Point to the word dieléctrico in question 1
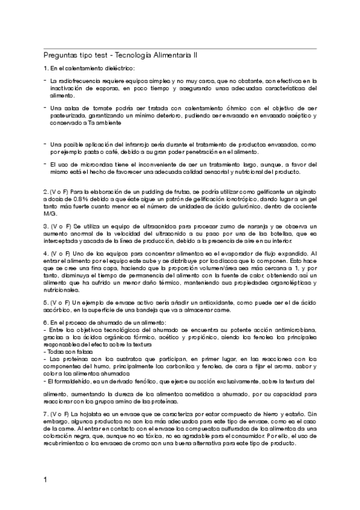click(118, 68)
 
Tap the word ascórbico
click(57, 309)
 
